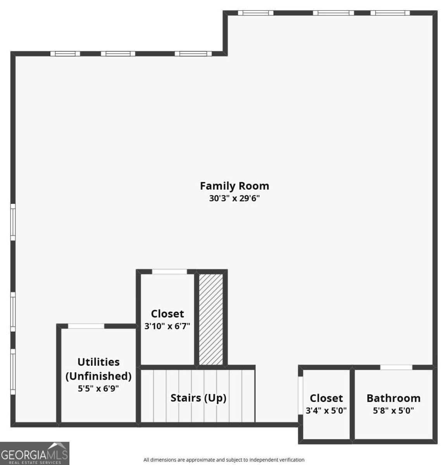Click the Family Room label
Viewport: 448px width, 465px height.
234,186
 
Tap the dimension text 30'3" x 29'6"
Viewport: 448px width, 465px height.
234,199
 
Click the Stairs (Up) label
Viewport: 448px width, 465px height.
198,398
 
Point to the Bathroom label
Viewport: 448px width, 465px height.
393,398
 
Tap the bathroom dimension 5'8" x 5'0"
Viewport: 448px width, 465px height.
393,410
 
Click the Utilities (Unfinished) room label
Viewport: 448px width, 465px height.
98,369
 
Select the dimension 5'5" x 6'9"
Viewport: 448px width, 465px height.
98,388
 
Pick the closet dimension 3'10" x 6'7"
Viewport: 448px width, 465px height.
167,326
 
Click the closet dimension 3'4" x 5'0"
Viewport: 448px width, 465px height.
326,410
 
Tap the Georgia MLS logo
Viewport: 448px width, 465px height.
34,453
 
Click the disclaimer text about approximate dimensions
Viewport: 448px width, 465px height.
224,460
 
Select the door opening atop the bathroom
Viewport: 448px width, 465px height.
396,367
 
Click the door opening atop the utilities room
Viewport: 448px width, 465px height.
86,326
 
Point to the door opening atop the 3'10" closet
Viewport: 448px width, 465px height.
169,272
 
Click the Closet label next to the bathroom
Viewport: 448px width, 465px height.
326,398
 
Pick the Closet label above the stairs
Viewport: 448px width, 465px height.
167,313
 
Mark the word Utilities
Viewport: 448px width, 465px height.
98,362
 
